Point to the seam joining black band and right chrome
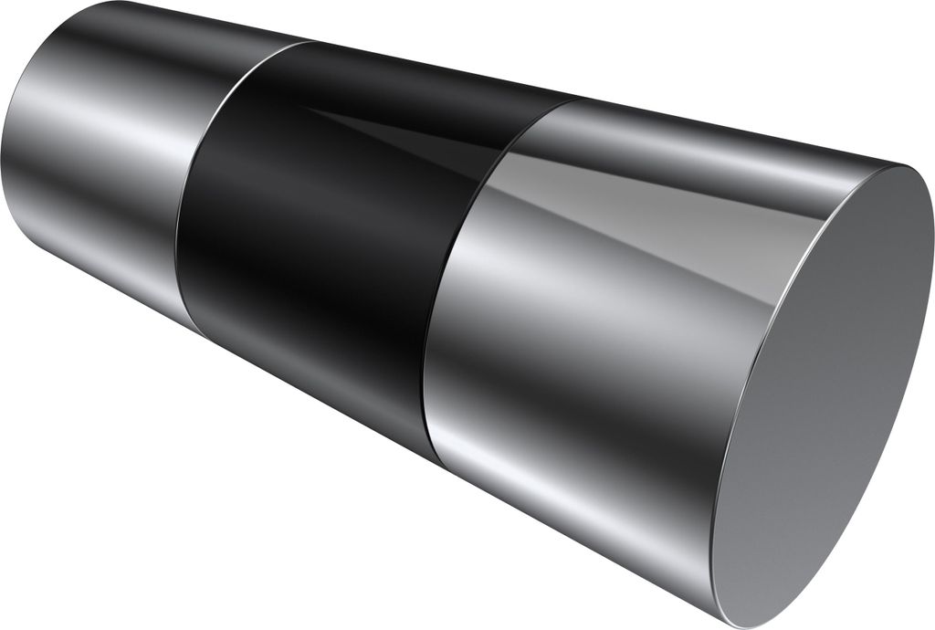pyautogui.click(x=457, y=274)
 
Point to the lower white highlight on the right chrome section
pyautogui.click(x=566, y=466)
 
